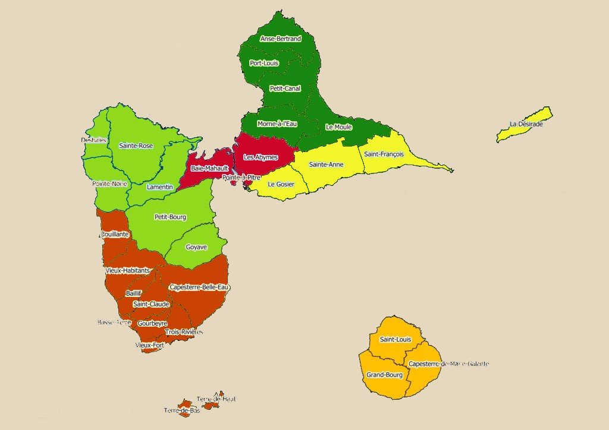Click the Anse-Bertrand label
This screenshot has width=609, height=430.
click(x=280, y=39)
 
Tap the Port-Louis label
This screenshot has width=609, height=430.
click(x=264, y=63)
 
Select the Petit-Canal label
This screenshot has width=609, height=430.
click(x=284, y=88)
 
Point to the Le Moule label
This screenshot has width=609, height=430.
click(x=339, y=127)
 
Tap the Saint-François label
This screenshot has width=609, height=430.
click(x=384, y=154)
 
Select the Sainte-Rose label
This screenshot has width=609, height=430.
click(x=136, y=146)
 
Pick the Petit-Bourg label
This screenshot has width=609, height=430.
click(x=170, y=217)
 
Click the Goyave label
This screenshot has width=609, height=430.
click(x=196, y=247)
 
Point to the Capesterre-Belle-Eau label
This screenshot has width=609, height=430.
click(x=199, y=287)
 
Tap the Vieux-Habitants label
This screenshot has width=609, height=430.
click(x=128, y=270)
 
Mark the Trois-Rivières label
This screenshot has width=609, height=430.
click(x=184, y=331)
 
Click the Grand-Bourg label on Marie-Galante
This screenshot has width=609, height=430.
click(x=384, y=375)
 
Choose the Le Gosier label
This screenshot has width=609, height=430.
click(x=281, y=184)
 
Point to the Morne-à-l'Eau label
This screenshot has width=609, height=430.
click(x=277, y=124)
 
